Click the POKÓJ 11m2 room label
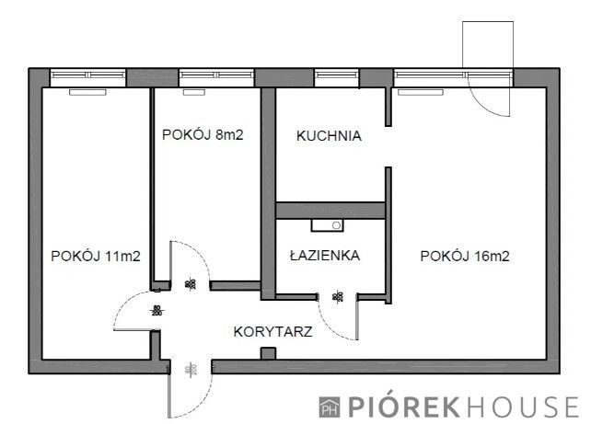coord(95,257)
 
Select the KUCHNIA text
coord(329,136)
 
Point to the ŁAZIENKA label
coord(322,256)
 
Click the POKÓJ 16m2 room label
coord(464,257)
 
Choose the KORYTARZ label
coord(270,332)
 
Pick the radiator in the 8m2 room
coord(192,92)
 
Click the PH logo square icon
coord(329,407)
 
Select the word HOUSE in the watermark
coord(528,406)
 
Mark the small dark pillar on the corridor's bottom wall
coord(268,354)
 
